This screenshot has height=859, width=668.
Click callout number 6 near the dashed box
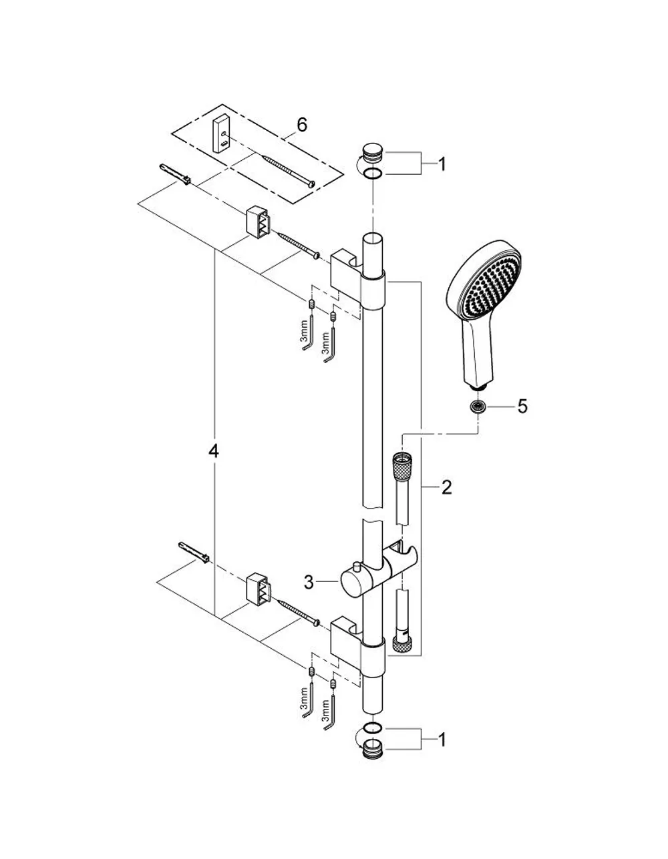(x=301, y=125)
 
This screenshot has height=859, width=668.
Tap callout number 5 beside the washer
(x=522, y=406)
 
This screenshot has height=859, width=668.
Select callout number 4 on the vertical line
(x=214, y=451)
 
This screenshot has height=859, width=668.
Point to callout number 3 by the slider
(x=309, y=582)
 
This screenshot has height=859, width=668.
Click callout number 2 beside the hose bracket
(x=446, y=487)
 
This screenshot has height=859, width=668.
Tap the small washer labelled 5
(x=479, y=406)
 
